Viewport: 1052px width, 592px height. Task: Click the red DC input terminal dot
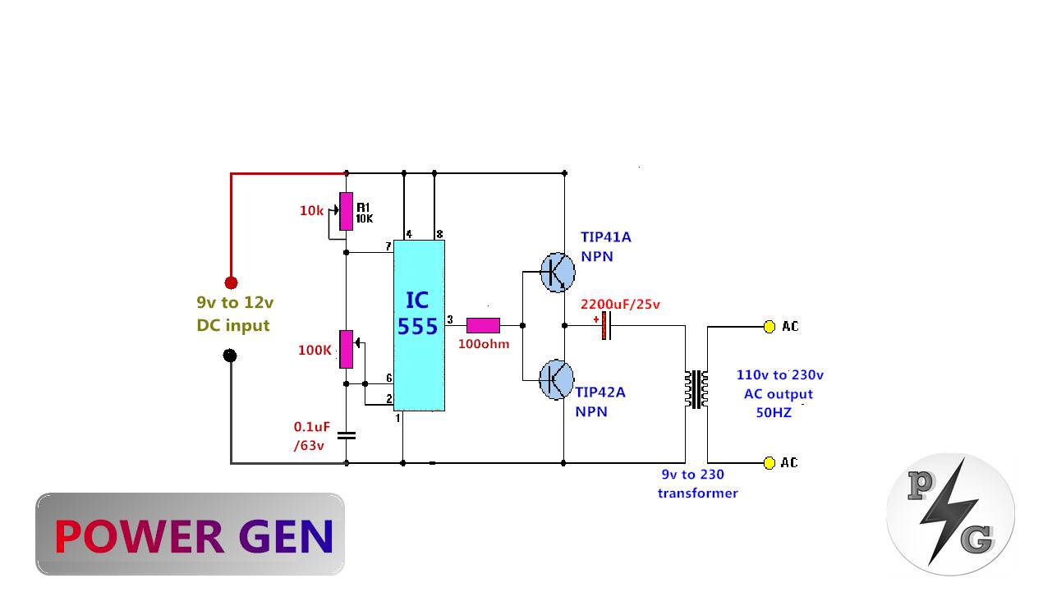tap(231, 282)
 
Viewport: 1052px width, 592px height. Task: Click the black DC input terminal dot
tap(231, 356)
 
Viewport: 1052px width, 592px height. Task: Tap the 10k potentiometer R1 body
tap(347, 211)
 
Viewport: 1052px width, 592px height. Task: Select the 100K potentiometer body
tap(347, 349)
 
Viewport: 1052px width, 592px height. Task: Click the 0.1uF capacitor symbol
tap(347, 434)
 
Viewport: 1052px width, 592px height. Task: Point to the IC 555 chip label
tap(418, 313)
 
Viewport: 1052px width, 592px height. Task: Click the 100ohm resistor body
tap(483, 325)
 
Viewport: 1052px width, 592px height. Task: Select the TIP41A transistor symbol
tap(558, 272)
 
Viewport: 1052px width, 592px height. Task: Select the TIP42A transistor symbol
tap(556, 379)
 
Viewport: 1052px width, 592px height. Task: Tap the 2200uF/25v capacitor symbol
tap(606, 325)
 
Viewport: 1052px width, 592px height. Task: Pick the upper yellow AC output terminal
tap(769, 327)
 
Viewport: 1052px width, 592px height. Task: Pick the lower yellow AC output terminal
tap(769, 463)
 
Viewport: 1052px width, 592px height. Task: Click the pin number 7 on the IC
tap(388, 247)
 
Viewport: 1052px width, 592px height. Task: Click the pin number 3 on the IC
tap(449, 319)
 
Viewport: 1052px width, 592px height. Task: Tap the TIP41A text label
tap(605, 237)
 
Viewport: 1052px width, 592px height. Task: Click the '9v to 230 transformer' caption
tap(696, 484)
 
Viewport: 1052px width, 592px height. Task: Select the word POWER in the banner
tap(138, 536)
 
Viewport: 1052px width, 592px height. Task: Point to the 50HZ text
tap(774, 413)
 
